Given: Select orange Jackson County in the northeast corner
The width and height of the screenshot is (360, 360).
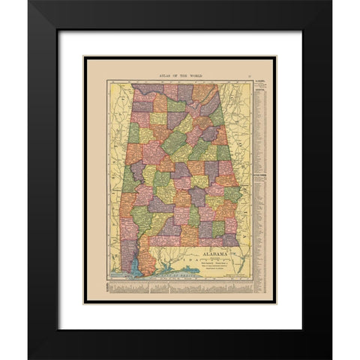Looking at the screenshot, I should pos(203,93).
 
